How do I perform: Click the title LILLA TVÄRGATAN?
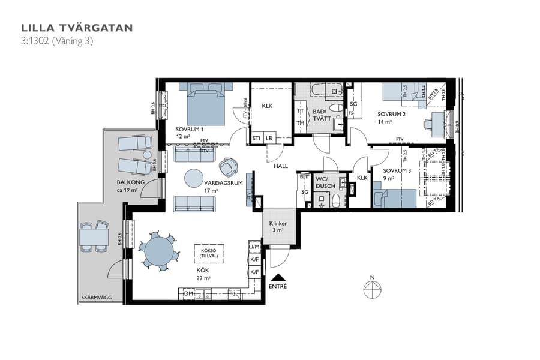pyautogui.click(x=77, y=28)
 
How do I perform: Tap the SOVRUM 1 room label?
pyautogui.click(x=190, y=129)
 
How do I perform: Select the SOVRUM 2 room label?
pyautogui.click(x=391, y=114)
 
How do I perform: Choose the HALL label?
pyautogui.click(x=281, y=167)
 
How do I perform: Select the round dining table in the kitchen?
pyautogui.click(x=158, y=251)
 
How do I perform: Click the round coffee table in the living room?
pyautogui.click(x=194, y=178)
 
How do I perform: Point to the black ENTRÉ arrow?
pyautogui.click(x=278, y=278)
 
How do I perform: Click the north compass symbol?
pyautogui.click(x=372, y=289)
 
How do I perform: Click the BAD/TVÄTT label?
pyautogui.click(x=322, y=115)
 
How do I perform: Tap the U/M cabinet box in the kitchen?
pyautogui.click(x=254, y=247)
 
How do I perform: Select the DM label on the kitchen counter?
pyautogui.click(x=188, y=294)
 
